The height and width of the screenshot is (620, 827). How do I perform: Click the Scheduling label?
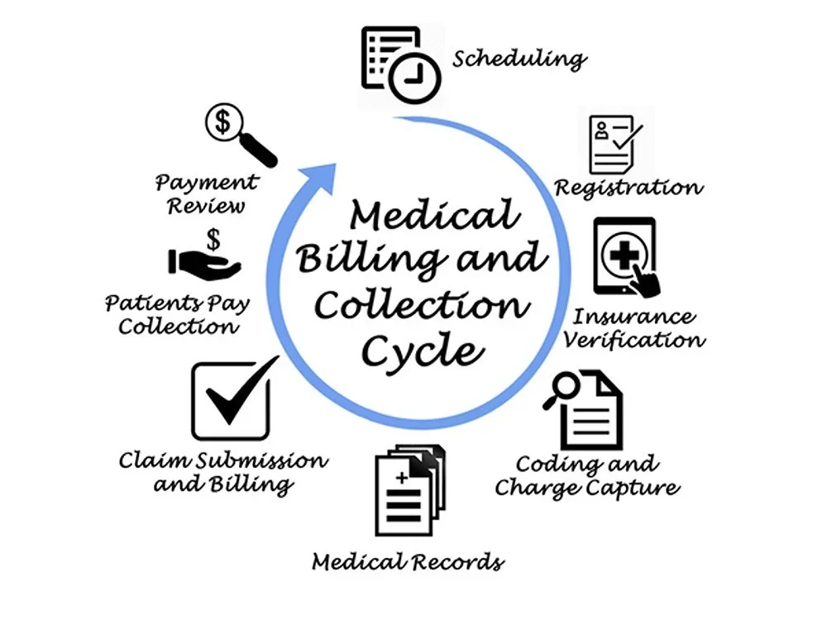coord(519,59)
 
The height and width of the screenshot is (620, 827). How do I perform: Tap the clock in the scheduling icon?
coord(414,78)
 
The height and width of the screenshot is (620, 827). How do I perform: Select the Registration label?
coord(629,188)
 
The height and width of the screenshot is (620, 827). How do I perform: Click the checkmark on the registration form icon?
coord(628,136)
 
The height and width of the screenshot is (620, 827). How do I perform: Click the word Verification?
coord(633,339)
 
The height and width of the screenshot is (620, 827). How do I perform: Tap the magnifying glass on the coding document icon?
coord(562,389)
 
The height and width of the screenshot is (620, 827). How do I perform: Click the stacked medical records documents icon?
coord(410,489)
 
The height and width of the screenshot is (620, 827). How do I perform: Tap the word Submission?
coord(261,460)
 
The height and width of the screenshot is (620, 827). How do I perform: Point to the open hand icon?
coord(204,265)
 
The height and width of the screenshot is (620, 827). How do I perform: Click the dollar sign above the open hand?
coord(213,239)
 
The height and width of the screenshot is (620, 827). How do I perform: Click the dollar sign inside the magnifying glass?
coord(223,122)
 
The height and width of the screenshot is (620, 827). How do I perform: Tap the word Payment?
coord(206,183)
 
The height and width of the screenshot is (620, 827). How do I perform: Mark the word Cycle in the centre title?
coord(423,350)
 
